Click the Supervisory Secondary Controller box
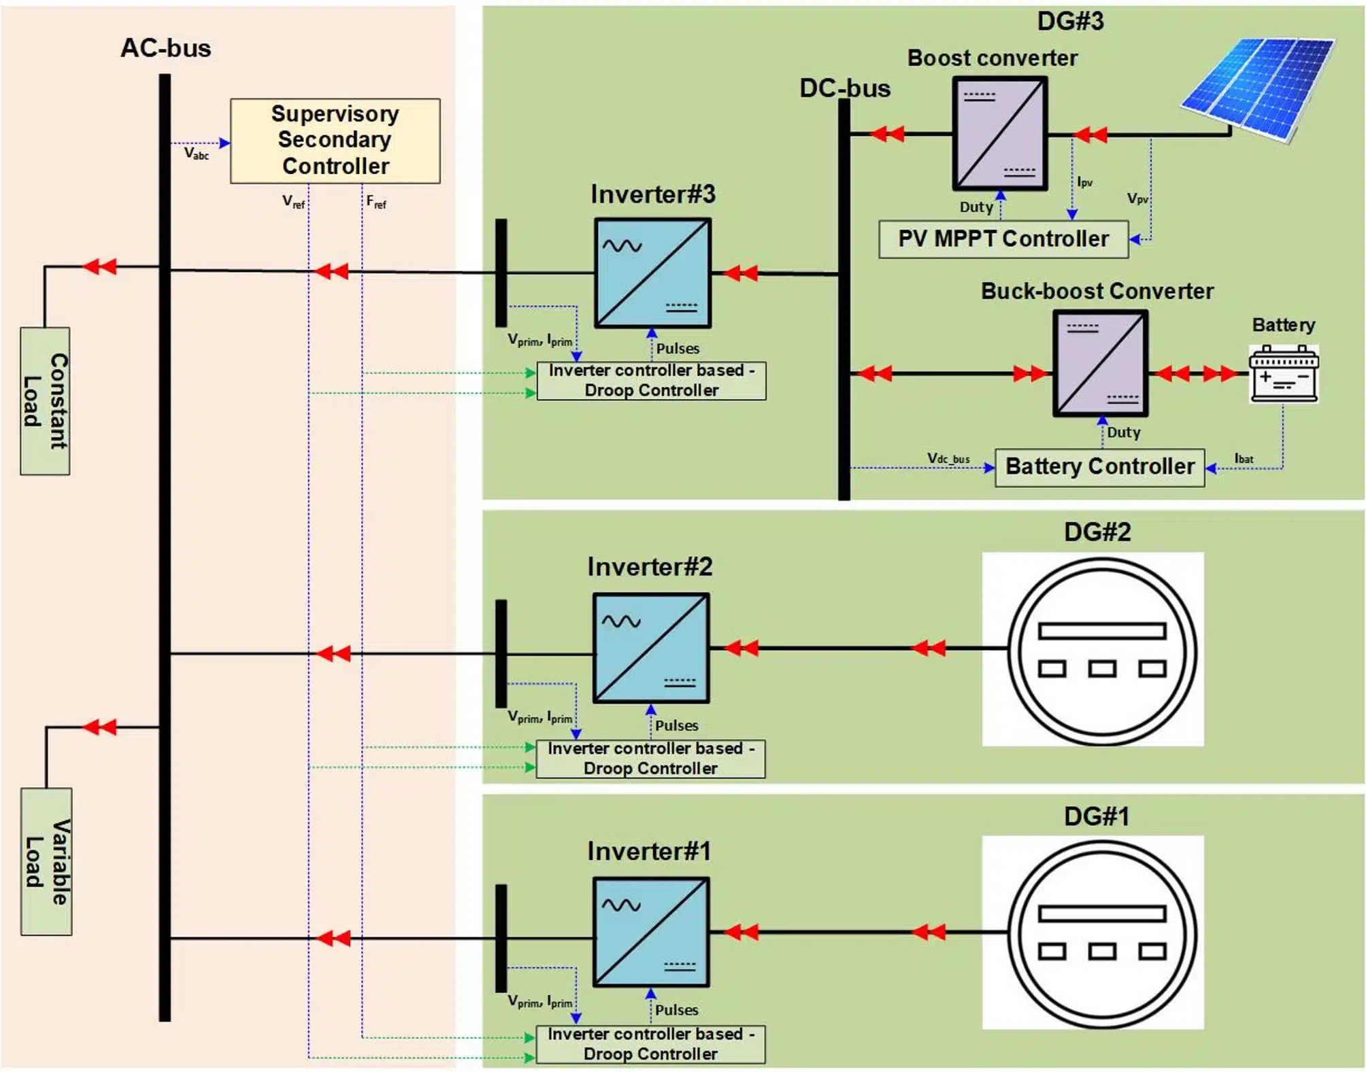click(x=335, y=141)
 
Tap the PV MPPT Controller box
click(x=1003, y=239)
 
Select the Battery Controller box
click(x=1099, y=467)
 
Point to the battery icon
click(x=1283, y=374)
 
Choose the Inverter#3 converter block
click(x=652, y=273)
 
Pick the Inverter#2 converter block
click(x=651, y=649)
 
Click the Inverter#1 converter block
click(x=651, y=932)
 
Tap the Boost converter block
click(x=999, y=133)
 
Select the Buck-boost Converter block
click(x=1100, y=364)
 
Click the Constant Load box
click(x=45, y=401)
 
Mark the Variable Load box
click(x=46, y=861)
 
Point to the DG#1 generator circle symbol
click(x=1101, y=933)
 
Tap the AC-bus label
click(x=166, y=48)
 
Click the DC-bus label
click(x=844, y=88)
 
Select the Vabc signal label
click(x=196, y=154)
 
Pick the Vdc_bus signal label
click(x=948, y=459)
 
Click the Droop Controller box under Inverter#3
click(x=651, y=381)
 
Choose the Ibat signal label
click(x=1244, y=459)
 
